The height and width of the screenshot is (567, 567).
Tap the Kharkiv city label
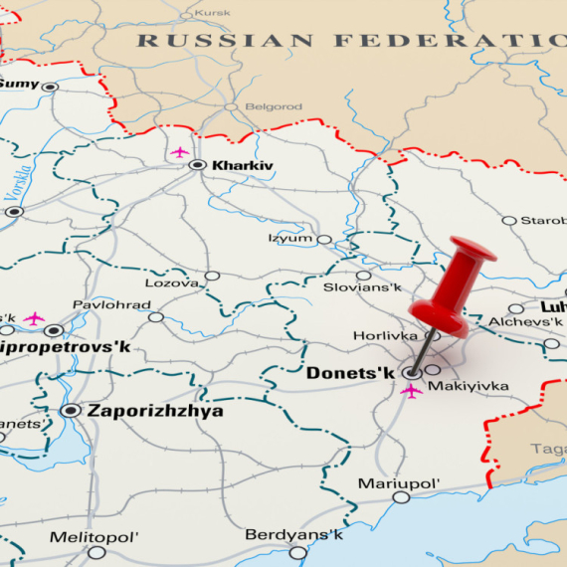[x=242, y=165]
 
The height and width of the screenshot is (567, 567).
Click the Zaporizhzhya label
[x=155, y=410]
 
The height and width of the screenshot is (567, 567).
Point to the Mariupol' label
[x=399, y=483]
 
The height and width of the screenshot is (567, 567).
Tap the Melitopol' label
[x=94, y=537]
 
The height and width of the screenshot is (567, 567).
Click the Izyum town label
[x=289, y=239]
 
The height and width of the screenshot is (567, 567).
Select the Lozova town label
[x=171, y=283]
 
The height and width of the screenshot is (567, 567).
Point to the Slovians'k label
[x=362, y=287]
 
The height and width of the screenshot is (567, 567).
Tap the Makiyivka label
[x=468, y=386]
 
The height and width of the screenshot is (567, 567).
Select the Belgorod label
[x=272, y=106]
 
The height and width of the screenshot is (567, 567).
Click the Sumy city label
[x=19, y=85]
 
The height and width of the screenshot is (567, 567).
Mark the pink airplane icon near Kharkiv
[x=179, y=152]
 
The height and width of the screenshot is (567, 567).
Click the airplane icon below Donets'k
[x=410, y=391]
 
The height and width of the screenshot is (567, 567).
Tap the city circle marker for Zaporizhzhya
[x=70, y=410]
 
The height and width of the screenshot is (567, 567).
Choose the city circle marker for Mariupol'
[x=400, y=497]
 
